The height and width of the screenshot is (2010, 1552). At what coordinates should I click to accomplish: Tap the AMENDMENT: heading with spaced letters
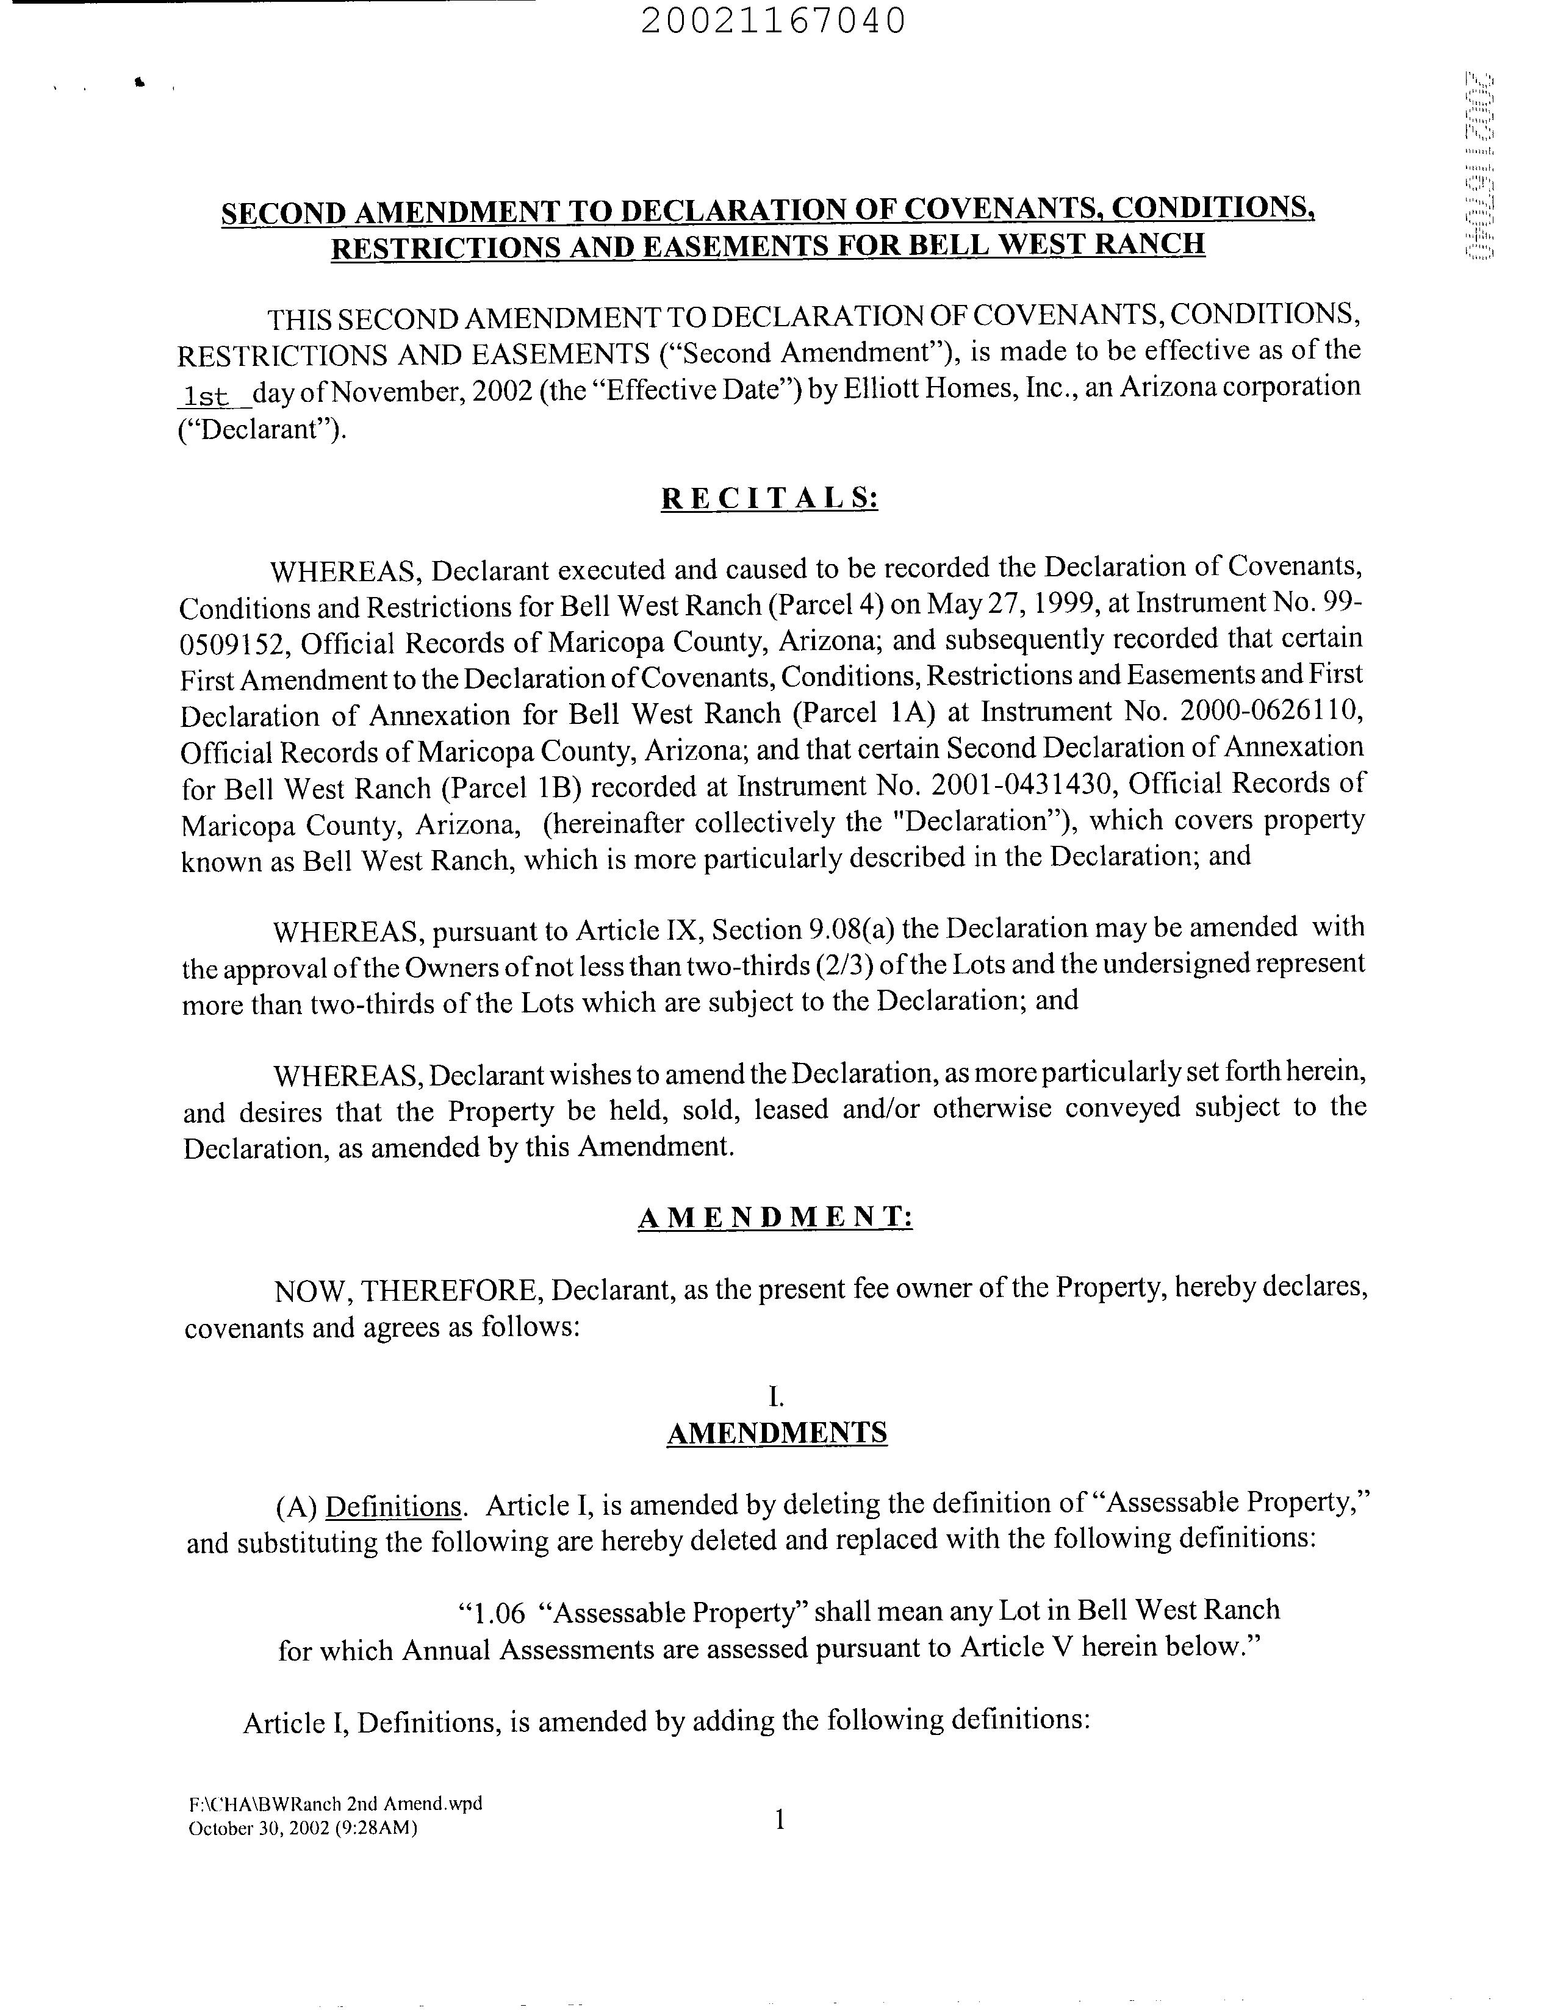[775, 1218]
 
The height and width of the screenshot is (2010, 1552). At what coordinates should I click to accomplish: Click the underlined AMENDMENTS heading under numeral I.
[776, 1433]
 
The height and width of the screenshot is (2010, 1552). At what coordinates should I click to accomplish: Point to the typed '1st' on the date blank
[206, 396]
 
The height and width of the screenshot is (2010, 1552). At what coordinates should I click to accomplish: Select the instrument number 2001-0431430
[1022, 784]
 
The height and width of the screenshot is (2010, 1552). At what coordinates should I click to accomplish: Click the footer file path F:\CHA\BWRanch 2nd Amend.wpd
[335, 1803]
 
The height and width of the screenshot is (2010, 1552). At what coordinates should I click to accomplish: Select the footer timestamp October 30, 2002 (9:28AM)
[303, 1828]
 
